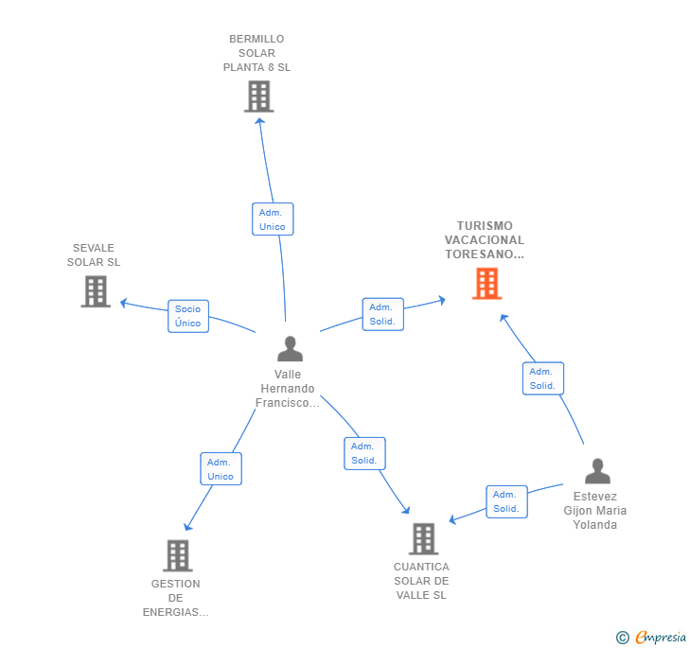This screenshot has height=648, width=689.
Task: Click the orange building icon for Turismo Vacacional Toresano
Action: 486,284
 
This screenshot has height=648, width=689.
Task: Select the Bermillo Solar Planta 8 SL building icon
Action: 258,96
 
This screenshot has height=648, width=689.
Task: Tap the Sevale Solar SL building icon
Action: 96,291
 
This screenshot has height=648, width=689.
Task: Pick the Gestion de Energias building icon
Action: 178,555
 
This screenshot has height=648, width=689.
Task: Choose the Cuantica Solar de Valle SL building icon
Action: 423,539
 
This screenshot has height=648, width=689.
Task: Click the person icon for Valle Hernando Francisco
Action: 290,349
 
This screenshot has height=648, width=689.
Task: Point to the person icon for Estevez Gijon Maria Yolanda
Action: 597,471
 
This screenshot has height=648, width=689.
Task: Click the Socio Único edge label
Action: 188,316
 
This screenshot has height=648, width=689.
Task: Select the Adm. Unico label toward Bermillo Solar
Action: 273,219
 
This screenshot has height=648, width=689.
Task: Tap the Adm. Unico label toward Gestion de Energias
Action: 221,469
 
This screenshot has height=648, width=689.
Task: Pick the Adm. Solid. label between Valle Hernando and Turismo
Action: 382,314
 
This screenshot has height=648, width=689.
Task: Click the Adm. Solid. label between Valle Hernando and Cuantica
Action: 364,453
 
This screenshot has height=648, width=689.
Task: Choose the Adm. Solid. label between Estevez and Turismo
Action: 542,378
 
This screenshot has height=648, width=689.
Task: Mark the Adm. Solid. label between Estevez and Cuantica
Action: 506,501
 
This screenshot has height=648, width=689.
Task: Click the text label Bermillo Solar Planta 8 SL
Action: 256,53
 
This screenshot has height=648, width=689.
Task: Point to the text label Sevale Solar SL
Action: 94,255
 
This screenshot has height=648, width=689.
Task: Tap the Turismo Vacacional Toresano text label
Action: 485,240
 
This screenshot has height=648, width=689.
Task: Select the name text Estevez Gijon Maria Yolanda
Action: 595,510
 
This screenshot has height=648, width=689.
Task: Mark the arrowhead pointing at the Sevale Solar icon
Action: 123,304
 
